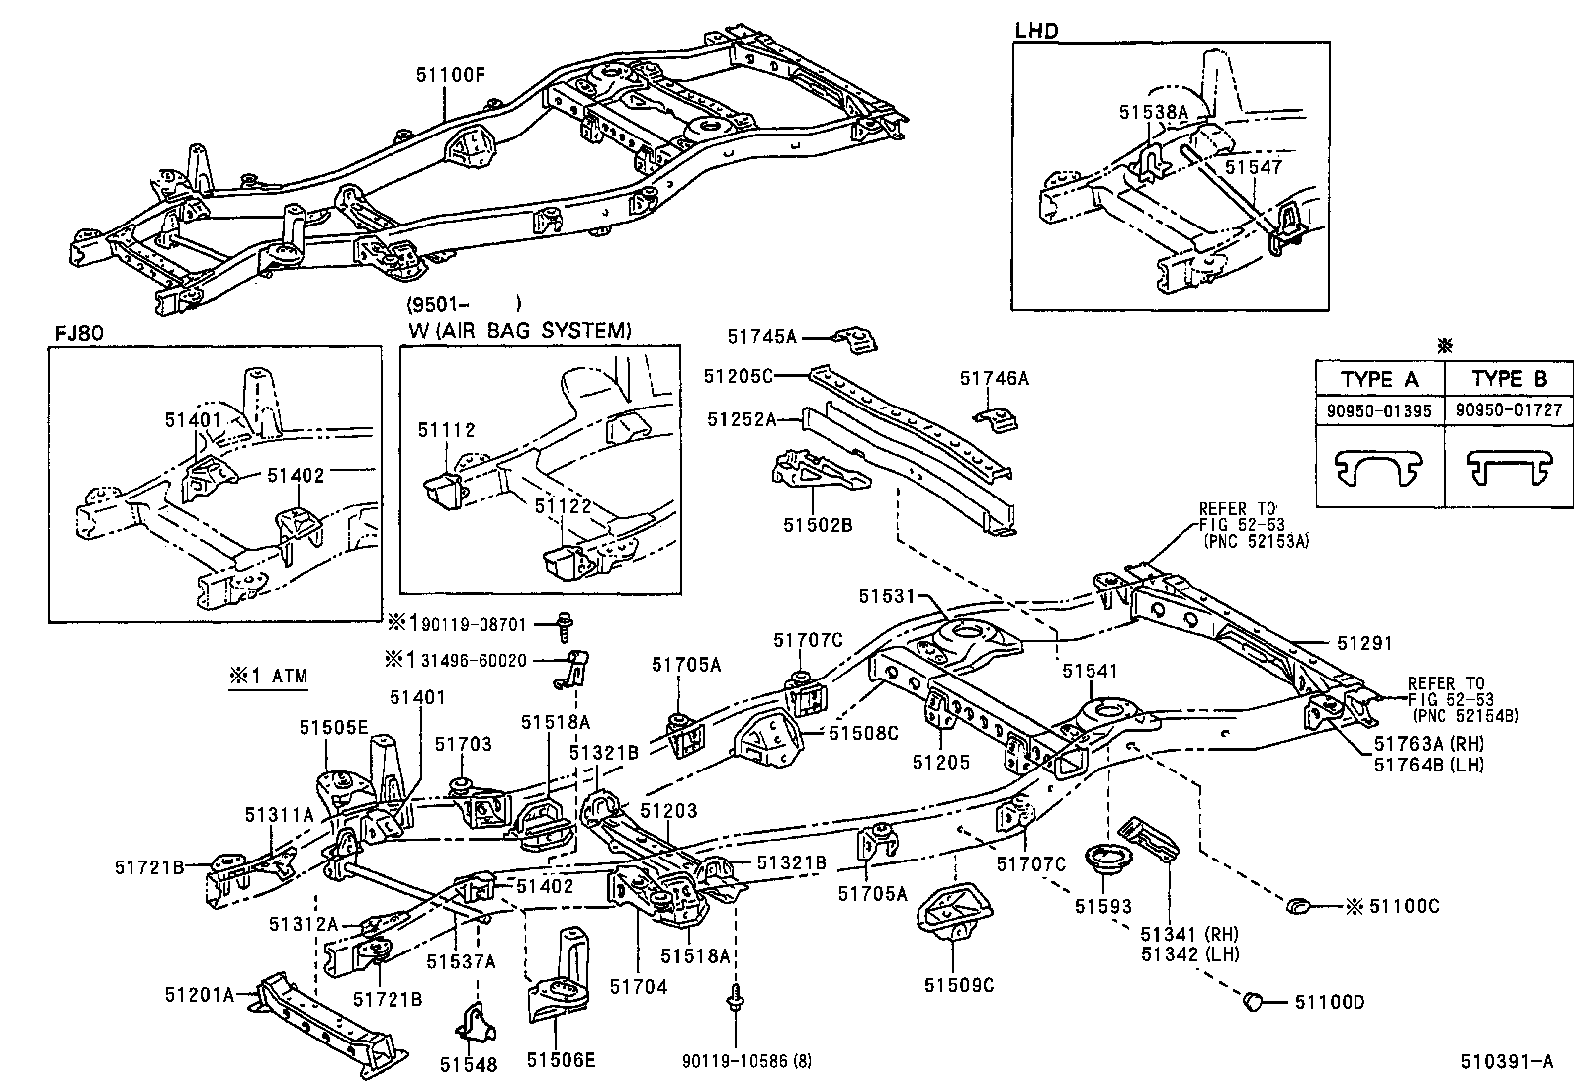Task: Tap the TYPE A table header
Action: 1379,379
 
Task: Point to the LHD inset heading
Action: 1035,31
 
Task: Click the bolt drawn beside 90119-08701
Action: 566,625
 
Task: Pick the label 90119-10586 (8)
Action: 745,1061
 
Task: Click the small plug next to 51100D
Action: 1253,1001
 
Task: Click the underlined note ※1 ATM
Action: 267,678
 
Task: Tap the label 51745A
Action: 761,336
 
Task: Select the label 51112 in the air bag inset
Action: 446,429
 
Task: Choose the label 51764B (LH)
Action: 1429,764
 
